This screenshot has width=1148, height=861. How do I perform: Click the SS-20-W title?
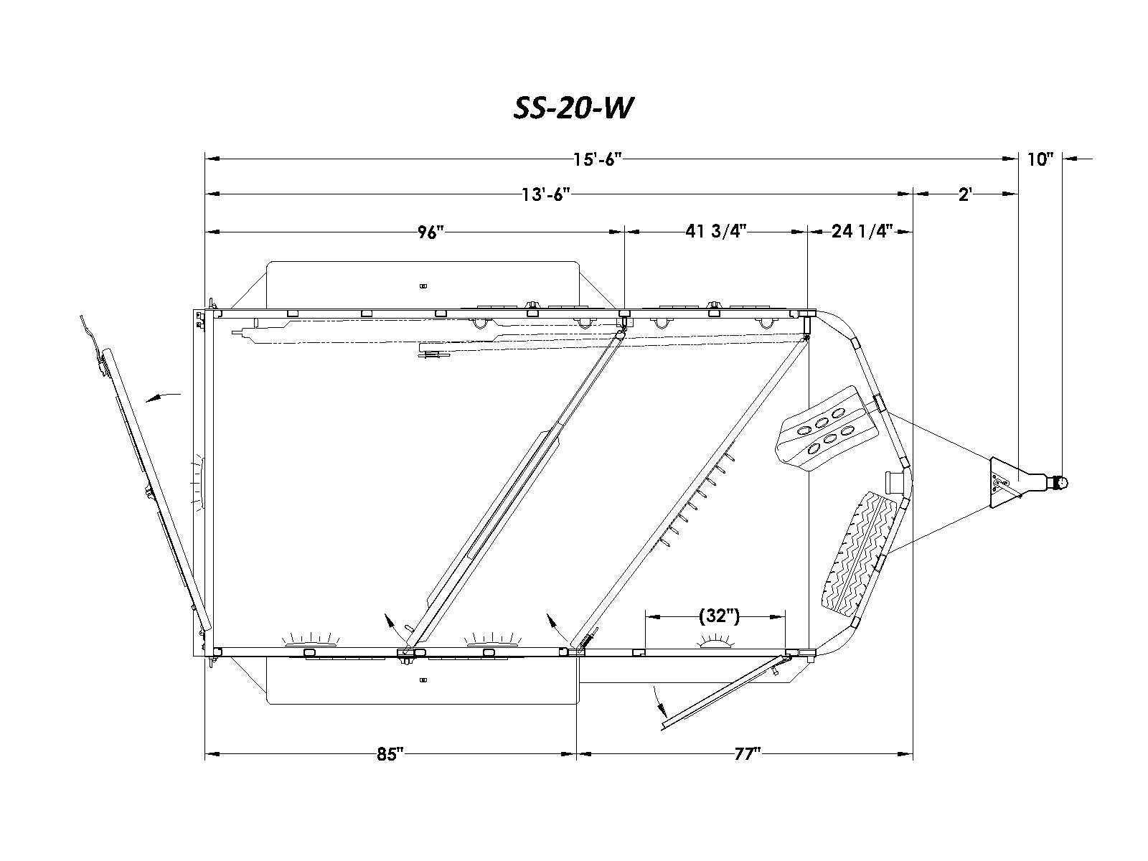[573, 109]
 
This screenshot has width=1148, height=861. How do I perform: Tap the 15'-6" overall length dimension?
[597, 159]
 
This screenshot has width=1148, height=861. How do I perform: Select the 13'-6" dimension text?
[545, 194]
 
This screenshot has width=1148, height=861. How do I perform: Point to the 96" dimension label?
[430, 232]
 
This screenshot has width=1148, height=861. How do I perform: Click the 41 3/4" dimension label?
[715, 230]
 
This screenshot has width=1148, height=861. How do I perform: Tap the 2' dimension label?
[965, 194]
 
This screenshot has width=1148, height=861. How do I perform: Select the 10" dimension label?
[1040, 159]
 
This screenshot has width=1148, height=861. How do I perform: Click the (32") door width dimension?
[719, 616]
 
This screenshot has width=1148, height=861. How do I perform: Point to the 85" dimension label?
[390, 754]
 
